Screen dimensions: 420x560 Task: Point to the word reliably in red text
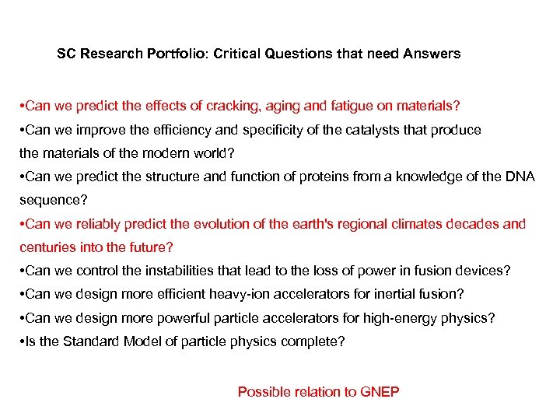102,225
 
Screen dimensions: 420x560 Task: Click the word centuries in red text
47,247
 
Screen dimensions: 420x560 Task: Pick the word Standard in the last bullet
89,341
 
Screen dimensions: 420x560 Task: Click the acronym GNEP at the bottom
380,392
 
